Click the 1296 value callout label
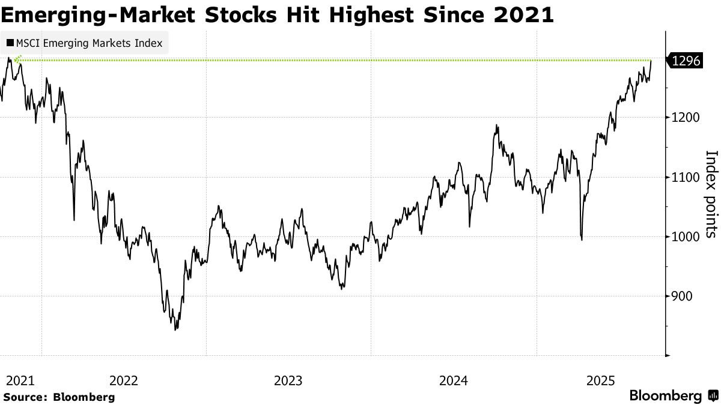pyautogui.click(x=686, y=61)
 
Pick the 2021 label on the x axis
pyautogui.click(x=20, y=381)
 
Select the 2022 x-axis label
pyautogui.click(x=124, y=381)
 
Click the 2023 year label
pyautogui.click(x=288, y=381)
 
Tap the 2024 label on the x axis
pyautogui.click(x=454, y=381)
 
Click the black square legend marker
pyautogui.click(x=10, y=44)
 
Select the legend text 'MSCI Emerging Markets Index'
pyautogui.click(x=90, y=44)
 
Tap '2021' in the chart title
pyautogui.click(x=523, y=14)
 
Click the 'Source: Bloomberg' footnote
pyautogui.click(x=59, y=397)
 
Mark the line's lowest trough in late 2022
pyautogui.click(x=175, y=329)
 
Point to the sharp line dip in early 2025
pyautogui.click(x=581, y=239)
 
